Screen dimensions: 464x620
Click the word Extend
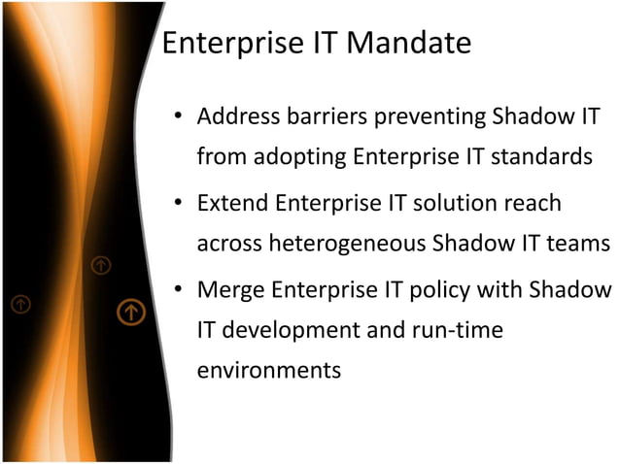232,204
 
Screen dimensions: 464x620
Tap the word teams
581,243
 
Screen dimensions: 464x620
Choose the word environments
269,370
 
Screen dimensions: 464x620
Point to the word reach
533,204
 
